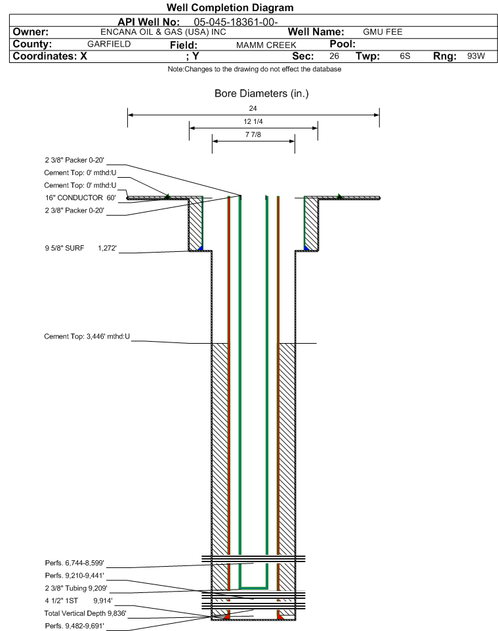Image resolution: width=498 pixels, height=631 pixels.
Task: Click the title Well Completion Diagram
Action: [230, 8]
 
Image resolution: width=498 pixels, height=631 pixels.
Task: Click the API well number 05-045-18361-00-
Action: [236, 22]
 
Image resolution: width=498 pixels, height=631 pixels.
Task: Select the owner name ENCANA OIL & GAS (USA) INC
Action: [163, 32]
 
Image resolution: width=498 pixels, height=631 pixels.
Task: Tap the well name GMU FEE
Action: [383, 32]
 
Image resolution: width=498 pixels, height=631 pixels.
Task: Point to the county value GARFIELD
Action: [109, 44]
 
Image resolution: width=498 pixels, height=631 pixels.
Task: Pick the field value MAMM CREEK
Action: [266, 45]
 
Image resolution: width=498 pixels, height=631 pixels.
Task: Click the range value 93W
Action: [476, 56]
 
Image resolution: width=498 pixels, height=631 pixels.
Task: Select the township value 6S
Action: [405, 56]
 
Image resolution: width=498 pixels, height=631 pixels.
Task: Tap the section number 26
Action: [334, 56]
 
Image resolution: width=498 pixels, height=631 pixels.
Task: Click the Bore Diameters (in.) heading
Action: [262, 94]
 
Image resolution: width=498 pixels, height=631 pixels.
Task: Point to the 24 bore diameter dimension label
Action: [253, 108]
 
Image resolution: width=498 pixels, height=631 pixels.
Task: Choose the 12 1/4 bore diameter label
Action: [253, 121]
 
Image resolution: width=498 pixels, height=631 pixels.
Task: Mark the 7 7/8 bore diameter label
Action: [253, 134]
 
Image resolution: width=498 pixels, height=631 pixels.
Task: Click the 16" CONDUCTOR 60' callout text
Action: [81, 197]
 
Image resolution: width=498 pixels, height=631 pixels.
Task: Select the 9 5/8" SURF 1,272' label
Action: [81, 249]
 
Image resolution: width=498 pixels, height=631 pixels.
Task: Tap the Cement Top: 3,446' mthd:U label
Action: [87, 336]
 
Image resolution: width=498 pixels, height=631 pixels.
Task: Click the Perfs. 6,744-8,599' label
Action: [75, 563]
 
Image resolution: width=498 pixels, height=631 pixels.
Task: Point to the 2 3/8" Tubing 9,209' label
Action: [76, 588]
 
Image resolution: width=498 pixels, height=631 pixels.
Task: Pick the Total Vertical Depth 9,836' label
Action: [85, 613]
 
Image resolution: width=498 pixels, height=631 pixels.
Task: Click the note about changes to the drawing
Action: [255, 70]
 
